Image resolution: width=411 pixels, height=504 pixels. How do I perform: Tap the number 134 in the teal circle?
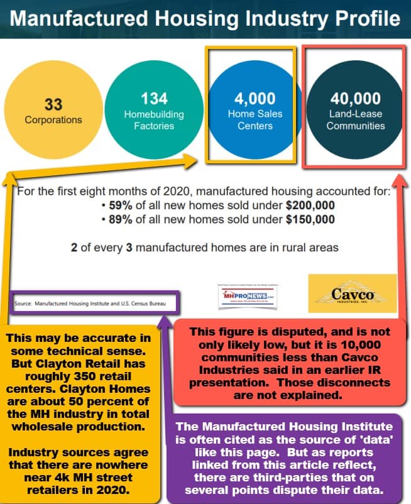click(153, 99)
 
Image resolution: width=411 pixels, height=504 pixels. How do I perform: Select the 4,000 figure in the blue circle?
click(255, 99)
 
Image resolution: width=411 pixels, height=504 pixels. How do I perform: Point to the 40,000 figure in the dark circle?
click(355, 99)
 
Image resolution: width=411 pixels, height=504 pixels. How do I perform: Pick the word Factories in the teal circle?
click(154, 126)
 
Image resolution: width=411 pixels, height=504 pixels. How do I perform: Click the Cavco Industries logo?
click(353, 293)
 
